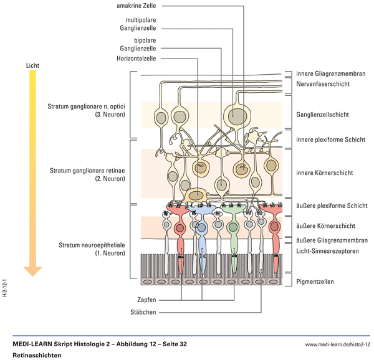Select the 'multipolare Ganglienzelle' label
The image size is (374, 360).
click(138, 24)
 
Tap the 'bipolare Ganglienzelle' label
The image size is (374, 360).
click(138, 44)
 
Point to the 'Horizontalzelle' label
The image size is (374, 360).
click(136, 58)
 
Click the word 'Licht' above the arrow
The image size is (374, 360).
click(33, 64)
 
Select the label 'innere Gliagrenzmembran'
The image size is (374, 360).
click(330, 74)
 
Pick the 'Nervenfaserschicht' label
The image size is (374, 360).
click(322, 83)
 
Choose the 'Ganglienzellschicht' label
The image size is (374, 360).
click(322, 115)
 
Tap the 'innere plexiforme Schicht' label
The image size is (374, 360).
click(330, 139)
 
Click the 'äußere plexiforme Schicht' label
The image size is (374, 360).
click(331, 206)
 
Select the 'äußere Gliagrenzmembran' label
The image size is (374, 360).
click(331, 240)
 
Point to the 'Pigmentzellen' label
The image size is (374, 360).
click(315, 282)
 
